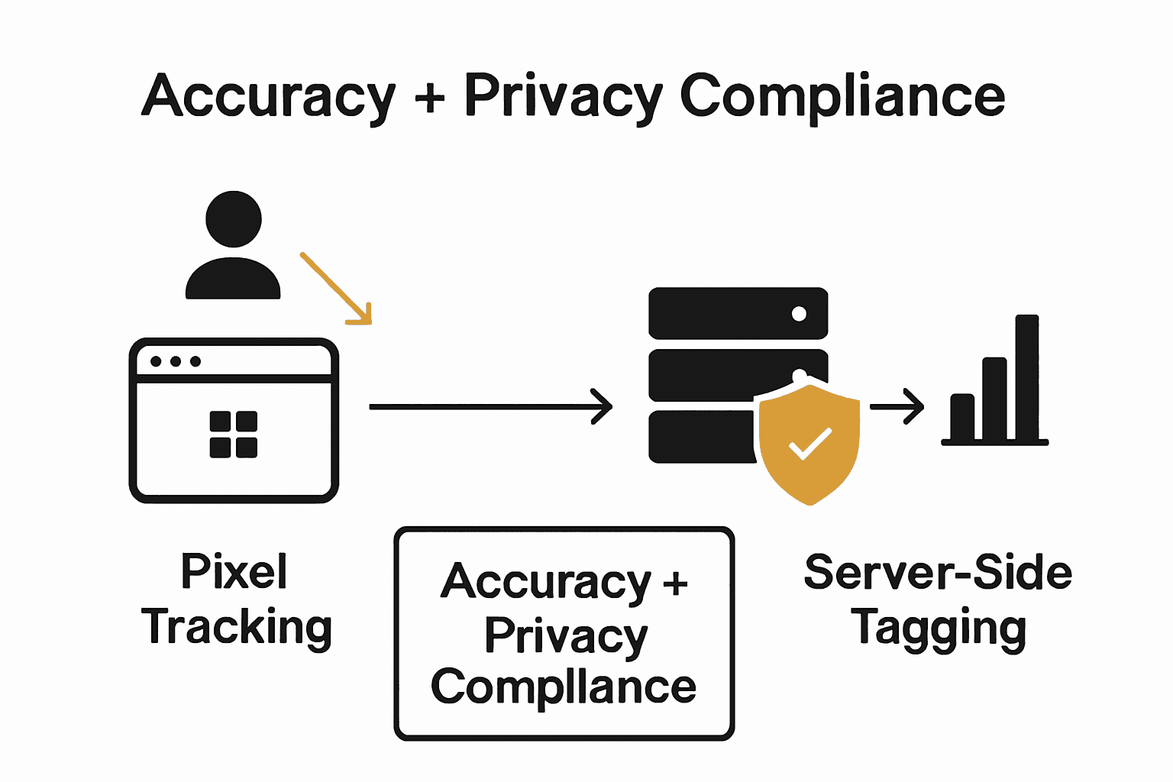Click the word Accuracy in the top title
[x=269, y=96]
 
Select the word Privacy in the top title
[x=564, y=96]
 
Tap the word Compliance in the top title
[x=842, y=96]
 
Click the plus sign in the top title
[x=431, y=98]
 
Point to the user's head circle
[x=234, y=219]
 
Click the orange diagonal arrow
[x=337, y=289]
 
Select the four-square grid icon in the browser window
[x=234, y=435]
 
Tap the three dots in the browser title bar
[x=176, y=361]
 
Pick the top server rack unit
[x=738, y=313]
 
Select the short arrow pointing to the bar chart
[x=897, y=407]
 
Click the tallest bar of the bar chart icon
[x=1026, y=377]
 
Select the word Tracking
[x=237, y=628]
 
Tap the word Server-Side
[x=938, y=573]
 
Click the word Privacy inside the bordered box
[x=565, y=635]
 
